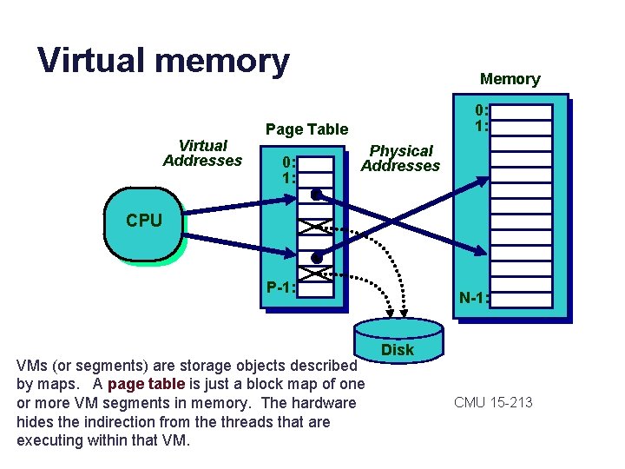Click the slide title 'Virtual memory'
click(x=163, y=61)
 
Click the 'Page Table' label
click(x=306, y=129)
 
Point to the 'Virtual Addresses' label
click(x=202, y=153)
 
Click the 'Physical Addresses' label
click(x=400, y=158)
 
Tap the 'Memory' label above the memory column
click(x=510, y=79)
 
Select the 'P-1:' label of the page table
click(x=280, y=287)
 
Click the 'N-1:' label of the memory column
click(x=474, y=298)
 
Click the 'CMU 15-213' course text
click(x=492, y=402)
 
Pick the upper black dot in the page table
click(x=318, y=194)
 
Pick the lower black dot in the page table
click(x=318, y=258)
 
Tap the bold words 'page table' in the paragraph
click(x=146, y=384)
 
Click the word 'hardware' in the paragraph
click(x=323, y=403)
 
